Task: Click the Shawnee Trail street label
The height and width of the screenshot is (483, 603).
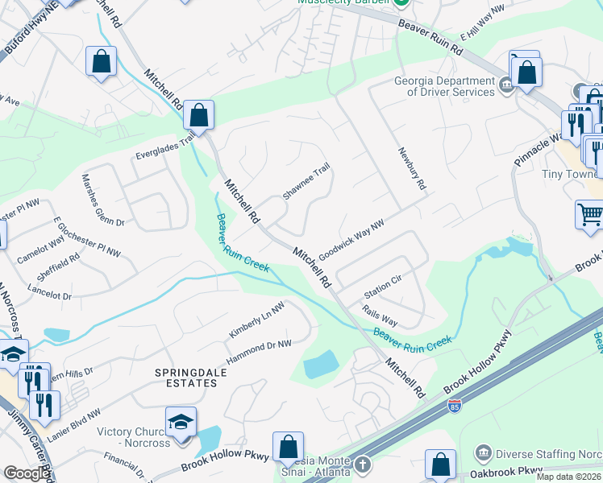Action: pos(306,183)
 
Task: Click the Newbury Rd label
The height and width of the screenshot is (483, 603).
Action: pos(410,168)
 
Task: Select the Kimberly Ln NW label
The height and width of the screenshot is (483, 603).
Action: pos(256,320)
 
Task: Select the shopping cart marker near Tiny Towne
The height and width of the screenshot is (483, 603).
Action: pos(590,215)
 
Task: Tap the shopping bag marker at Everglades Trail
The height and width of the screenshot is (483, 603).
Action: pos(198,116)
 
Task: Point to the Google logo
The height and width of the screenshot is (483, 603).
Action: pos(27,473)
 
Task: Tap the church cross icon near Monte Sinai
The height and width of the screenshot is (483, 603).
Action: pos(363,465)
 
